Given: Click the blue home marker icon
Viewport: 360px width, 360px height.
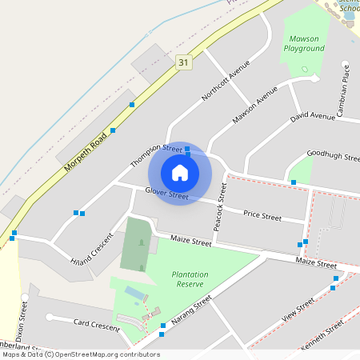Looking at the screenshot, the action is click(x=180, y=172).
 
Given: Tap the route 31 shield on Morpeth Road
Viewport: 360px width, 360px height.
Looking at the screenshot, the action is click(x=185, y=62).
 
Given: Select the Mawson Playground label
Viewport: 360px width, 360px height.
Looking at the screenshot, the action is click(x=304, y=43).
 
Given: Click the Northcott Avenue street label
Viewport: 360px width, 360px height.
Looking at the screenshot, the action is click(x=221, y=80).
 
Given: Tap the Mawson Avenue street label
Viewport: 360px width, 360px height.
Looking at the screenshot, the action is click(x=255, y=110).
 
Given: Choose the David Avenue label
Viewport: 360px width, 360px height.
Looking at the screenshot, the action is click(x=312, y=117).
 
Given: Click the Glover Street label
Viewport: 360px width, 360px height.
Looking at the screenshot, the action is click(x=166, y=193).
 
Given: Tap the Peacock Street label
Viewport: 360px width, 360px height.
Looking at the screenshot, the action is click(x=217, y=206).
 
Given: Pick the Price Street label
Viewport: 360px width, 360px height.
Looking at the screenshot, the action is click(x=262, y=216).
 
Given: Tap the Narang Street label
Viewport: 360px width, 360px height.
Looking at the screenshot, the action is click(x=192, y=312).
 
